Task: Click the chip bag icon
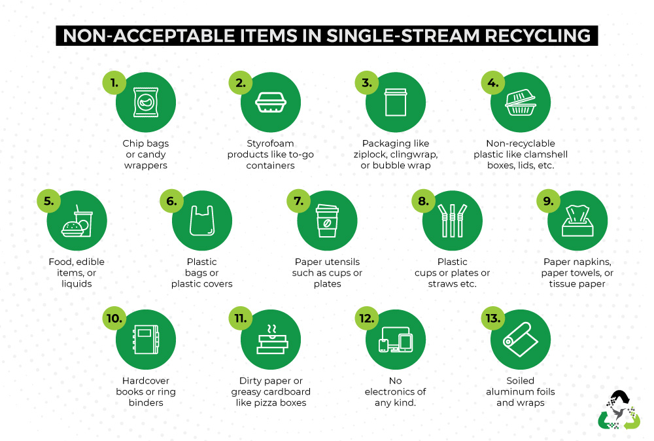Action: pyautogui.click(x=146, y=102)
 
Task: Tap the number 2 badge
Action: pyautogui.click(x=240, y=82)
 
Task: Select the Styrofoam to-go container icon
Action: pyautogui.click(x=271, y=103)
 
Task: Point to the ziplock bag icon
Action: pyautogui.click(x=396, y=102)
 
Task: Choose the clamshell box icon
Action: pyautogui.click(x=521, y=102)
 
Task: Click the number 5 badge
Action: pyautogui.click(x=49, y=201)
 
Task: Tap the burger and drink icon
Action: pyautogui.click(x=77, y=221)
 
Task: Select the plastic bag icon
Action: pyautogui.click(x=202, y=220)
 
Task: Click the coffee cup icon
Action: pyautogui.click(x=327, y=220)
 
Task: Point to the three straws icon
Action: pyautogui.click(x=452, y=220)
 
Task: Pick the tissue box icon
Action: pyautogui.click(x=577, y=221)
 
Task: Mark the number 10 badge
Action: pyautogui.click(x=114, y=319)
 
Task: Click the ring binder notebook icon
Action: pyautogui.click(x=146, y=340)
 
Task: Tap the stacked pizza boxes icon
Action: pyautogui.click(x=272, y=339)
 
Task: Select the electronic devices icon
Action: pyautogui.click(x=396, y=340)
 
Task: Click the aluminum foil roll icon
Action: pyautogui.click(x=521, y=339)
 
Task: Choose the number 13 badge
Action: pyautogui.click(x=492, y=319)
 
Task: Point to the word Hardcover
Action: pyautogui.click(x=146, y=381)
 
